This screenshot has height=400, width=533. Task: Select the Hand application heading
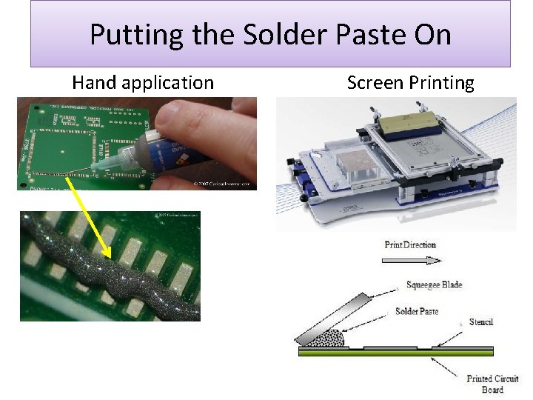click(x=143, y=83)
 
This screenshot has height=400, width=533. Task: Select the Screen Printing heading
click(x=410, y=83)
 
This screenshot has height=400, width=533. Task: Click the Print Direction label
click(x=410, y=244)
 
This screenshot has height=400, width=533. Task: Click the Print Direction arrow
click(x=412, y=260)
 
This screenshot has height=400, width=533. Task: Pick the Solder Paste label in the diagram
click(x=418, y=310)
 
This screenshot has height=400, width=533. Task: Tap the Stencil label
click(x=480, y=322)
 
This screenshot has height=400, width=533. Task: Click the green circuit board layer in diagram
click(x=392, y=352)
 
